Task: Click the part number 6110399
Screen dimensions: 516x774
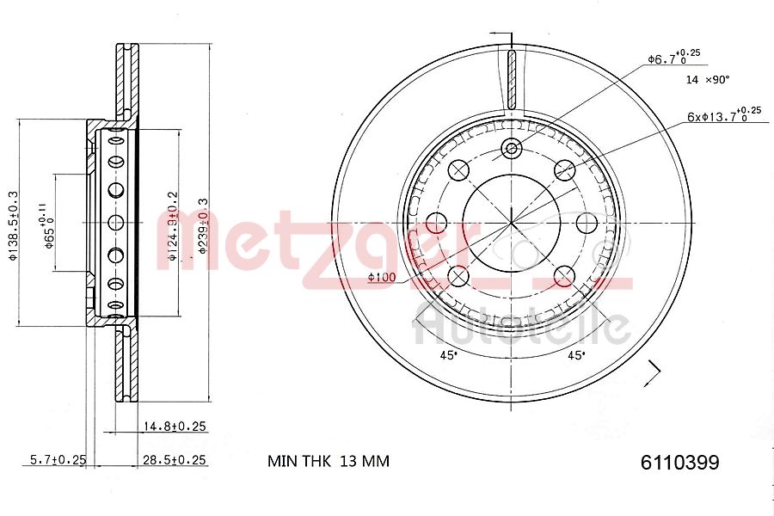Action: click(679, 462)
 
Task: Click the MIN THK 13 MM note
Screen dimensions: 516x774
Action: click(328, 461)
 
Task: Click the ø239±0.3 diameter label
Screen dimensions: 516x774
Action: click(203, 226)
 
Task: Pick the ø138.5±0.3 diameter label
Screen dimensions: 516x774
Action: click(13, 224)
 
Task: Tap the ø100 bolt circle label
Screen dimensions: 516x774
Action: click(381, 277)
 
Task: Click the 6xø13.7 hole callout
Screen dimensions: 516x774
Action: click(722, 114)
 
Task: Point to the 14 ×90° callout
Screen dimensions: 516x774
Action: click(707, 79)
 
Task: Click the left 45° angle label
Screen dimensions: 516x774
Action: click(447, 354)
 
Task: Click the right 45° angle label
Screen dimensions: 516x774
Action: click(575, 354)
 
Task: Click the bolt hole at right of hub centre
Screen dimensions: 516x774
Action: click(587, 223)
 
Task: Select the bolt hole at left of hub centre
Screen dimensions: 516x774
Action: click(437, 223)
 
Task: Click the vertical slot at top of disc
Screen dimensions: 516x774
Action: click(512, 78)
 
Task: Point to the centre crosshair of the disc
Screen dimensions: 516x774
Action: click(512, 223)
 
